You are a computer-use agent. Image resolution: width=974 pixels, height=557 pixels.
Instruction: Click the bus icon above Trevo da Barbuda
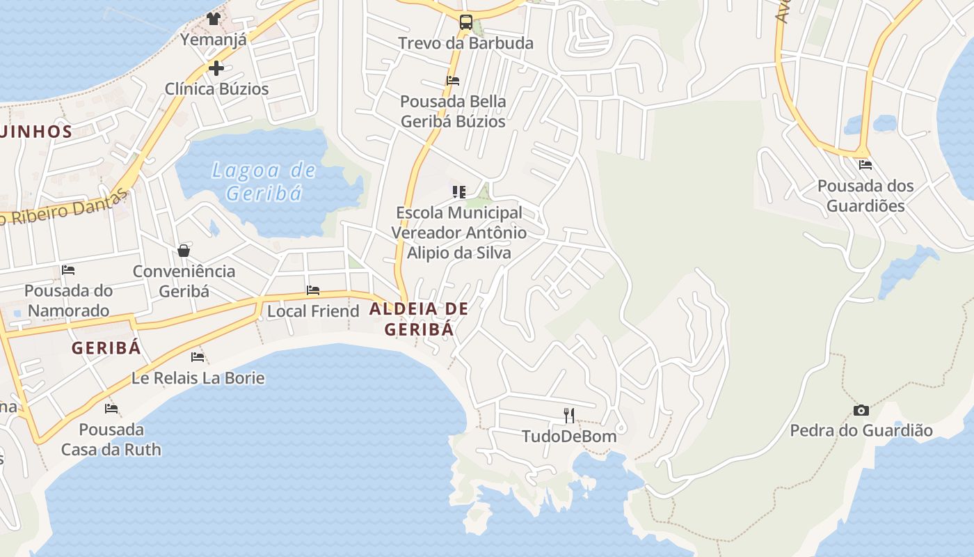(x=465, y=22)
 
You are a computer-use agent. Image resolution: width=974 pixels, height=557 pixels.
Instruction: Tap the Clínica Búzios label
(x=216, y=89)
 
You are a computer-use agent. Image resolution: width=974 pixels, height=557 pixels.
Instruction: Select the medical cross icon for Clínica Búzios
(x=216, y=68)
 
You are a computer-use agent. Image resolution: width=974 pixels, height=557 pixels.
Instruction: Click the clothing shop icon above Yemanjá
(x=214, y=18)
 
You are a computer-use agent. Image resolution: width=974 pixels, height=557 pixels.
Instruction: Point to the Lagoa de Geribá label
(x=264, y=181)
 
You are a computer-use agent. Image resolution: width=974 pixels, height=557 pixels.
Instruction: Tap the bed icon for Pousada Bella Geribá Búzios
(x=453, y=81)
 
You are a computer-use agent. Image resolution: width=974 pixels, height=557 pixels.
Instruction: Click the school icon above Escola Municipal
(x=459, y=191)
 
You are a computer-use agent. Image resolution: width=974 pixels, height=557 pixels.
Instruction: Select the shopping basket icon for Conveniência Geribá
(x=184, y=251)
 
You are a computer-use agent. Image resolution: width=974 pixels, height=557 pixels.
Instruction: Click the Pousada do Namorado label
(x=68, y=300)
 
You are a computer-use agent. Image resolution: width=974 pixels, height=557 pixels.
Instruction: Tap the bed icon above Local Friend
(x=313, y=290)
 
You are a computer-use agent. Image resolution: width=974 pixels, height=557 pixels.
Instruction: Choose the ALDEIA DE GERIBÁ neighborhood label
(x=419, y=318)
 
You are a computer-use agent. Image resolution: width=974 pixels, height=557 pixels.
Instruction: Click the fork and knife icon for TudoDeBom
(x=569, y=416)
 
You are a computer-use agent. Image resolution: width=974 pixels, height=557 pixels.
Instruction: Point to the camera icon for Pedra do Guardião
(x=861, y=410)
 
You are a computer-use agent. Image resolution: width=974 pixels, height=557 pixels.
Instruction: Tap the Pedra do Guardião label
(x=861, y=431)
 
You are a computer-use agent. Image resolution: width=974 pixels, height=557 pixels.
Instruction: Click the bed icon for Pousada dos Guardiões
(x=865, y=165)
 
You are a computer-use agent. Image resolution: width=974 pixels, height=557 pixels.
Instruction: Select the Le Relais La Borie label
(x=198, y=378)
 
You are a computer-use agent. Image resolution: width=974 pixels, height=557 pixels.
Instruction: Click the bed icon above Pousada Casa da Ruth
(x=111, y=409)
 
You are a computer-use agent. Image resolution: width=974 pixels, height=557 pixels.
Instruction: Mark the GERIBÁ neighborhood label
(x=106, y=348)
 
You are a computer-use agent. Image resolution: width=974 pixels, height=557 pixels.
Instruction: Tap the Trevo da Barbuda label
(x=465, y=43)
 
